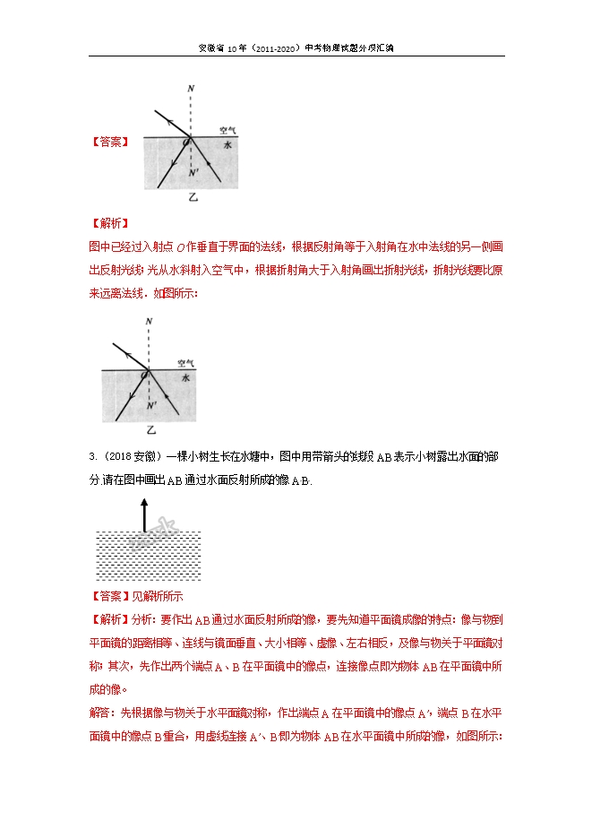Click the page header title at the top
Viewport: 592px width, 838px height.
click(296, 49)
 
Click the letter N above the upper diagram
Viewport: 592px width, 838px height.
click(190, 89)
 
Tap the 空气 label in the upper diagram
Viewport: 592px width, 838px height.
click(228, 129)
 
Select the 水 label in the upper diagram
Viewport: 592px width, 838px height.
click(227, 144)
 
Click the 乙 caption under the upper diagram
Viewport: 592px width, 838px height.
click(192, 197)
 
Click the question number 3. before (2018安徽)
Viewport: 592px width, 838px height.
click(93, 457)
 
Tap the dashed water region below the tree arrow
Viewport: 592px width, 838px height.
click(148, 556)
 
